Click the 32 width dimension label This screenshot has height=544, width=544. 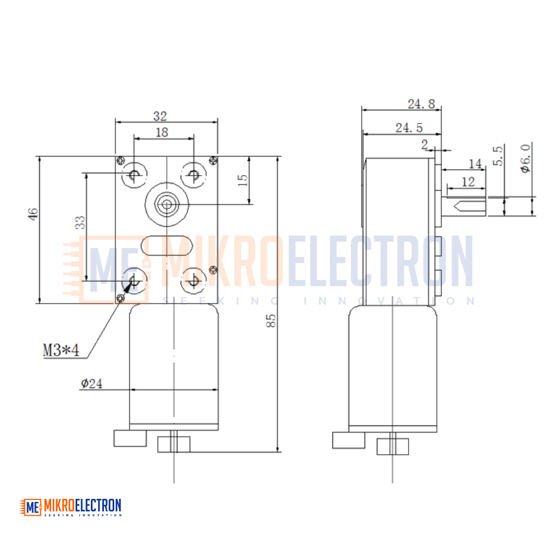[x=160, y=116]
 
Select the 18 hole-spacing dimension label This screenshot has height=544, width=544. [x=162, y=132]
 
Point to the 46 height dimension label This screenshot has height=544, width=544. [x=33, y=214]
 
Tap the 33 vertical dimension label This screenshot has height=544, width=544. [x=80, y=222]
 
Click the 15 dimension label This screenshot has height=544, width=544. [x=243, y=180]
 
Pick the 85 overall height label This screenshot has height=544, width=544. [x=271, y=320]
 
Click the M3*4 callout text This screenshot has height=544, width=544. [x=61, y=350]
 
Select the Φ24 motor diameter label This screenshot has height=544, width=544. [x=91, y=384]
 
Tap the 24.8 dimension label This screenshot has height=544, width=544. [x=421, y=104]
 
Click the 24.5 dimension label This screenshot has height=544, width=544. [x=409, y=128]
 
